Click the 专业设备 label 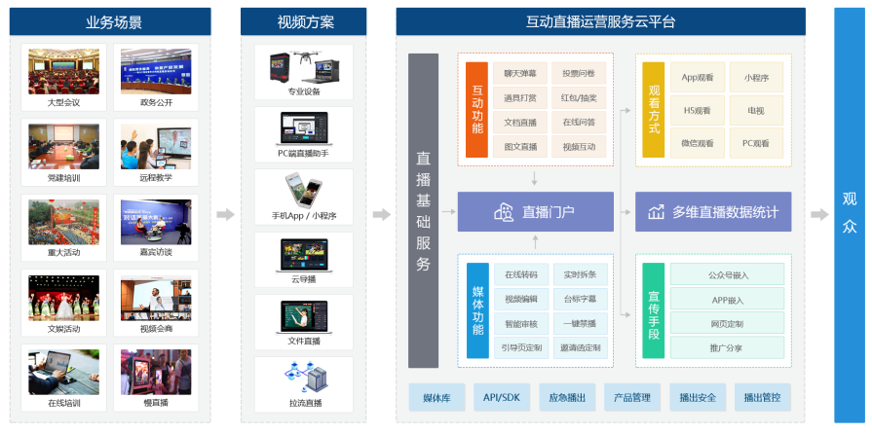pos(303,92)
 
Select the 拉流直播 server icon pos(303,377)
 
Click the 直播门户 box pos(535,212)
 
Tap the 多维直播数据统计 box pos(713,212)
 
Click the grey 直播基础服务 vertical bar pos(423,211)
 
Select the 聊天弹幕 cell pos(520,74)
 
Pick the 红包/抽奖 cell pos(579,98)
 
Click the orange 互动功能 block pos(475,110)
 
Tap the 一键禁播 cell pos(579,322)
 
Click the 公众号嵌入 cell pos(726,274)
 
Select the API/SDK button pos(503,397)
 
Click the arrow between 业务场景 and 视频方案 pos(225,214)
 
